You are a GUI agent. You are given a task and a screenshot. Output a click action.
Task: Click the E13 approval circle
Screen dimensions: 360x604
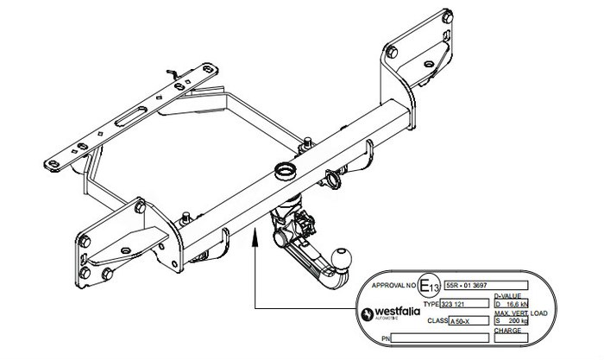pyautogui.click(x=428, y=285)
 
